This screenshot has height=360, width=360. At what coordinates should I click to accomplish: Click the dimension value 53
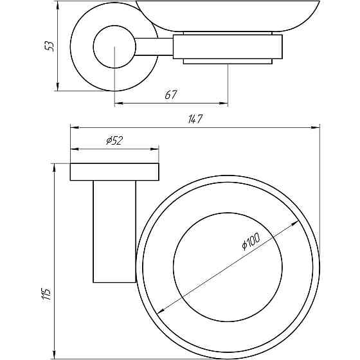tap(50, 46)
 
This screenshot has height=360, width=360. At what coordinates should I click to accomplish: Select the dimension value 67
tap(171, 94)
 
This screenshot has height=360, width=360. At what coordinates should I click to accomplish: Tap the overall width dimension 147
tap(195, 119)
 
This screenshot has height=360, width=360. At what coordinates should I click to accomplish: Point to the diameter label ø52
tap(114, 140)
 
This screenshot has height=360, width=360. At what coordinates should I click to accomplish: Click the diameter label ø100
tap(251, 241)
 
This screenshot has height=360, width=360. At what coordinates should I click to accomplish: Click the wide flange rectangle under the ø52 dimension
tap(114, 172)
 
